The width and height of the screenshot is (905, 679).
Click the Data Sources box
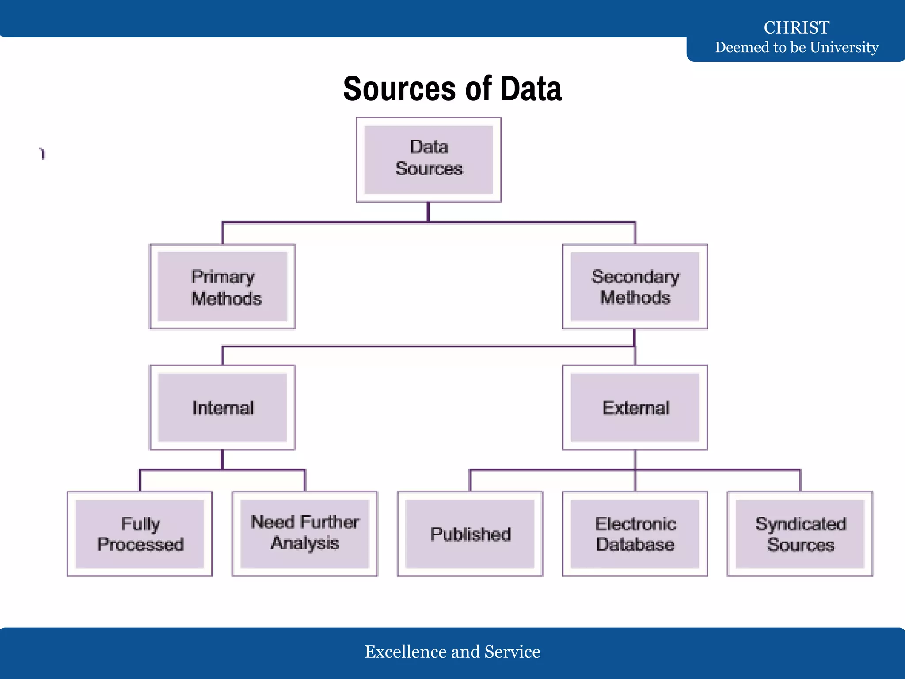coord(429,160)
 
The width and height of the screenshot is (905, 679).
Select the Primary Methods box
coord(222,286)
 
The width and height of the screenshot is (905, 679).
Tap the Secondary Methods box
coord(635,286)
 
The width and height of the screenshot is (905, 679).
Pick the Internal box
coord(222,408)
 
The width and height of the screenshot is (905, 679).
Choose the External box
coord(635,408)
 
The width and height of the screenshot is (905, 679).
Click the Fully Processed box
coord(140,534)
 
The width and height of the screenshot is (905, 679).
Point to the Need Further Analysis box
coord(305,534)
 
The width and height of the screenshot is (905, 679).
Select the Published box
coord(470,534)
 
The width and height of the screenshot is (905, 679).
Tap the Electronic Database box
coord(635,534)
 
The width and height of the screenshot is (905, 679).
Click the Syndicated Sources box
coord(800,534)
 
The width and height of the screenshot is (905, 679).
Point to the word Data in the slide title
coord(531,89)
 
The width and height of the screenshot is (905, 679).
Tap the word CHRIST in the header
coord(797,27)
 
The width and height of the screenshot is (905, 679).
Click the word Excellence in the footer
coord(406,652)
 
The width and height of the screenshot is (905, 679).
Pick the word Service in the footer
coord(512,652)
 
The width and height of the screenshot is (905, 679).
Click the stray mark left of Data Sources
coord(42,153)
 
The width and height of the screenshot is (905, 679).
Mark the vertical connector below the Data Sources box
coord(428,212)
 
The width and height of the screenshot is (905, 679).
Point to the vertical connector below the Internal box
coord(222,460)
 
